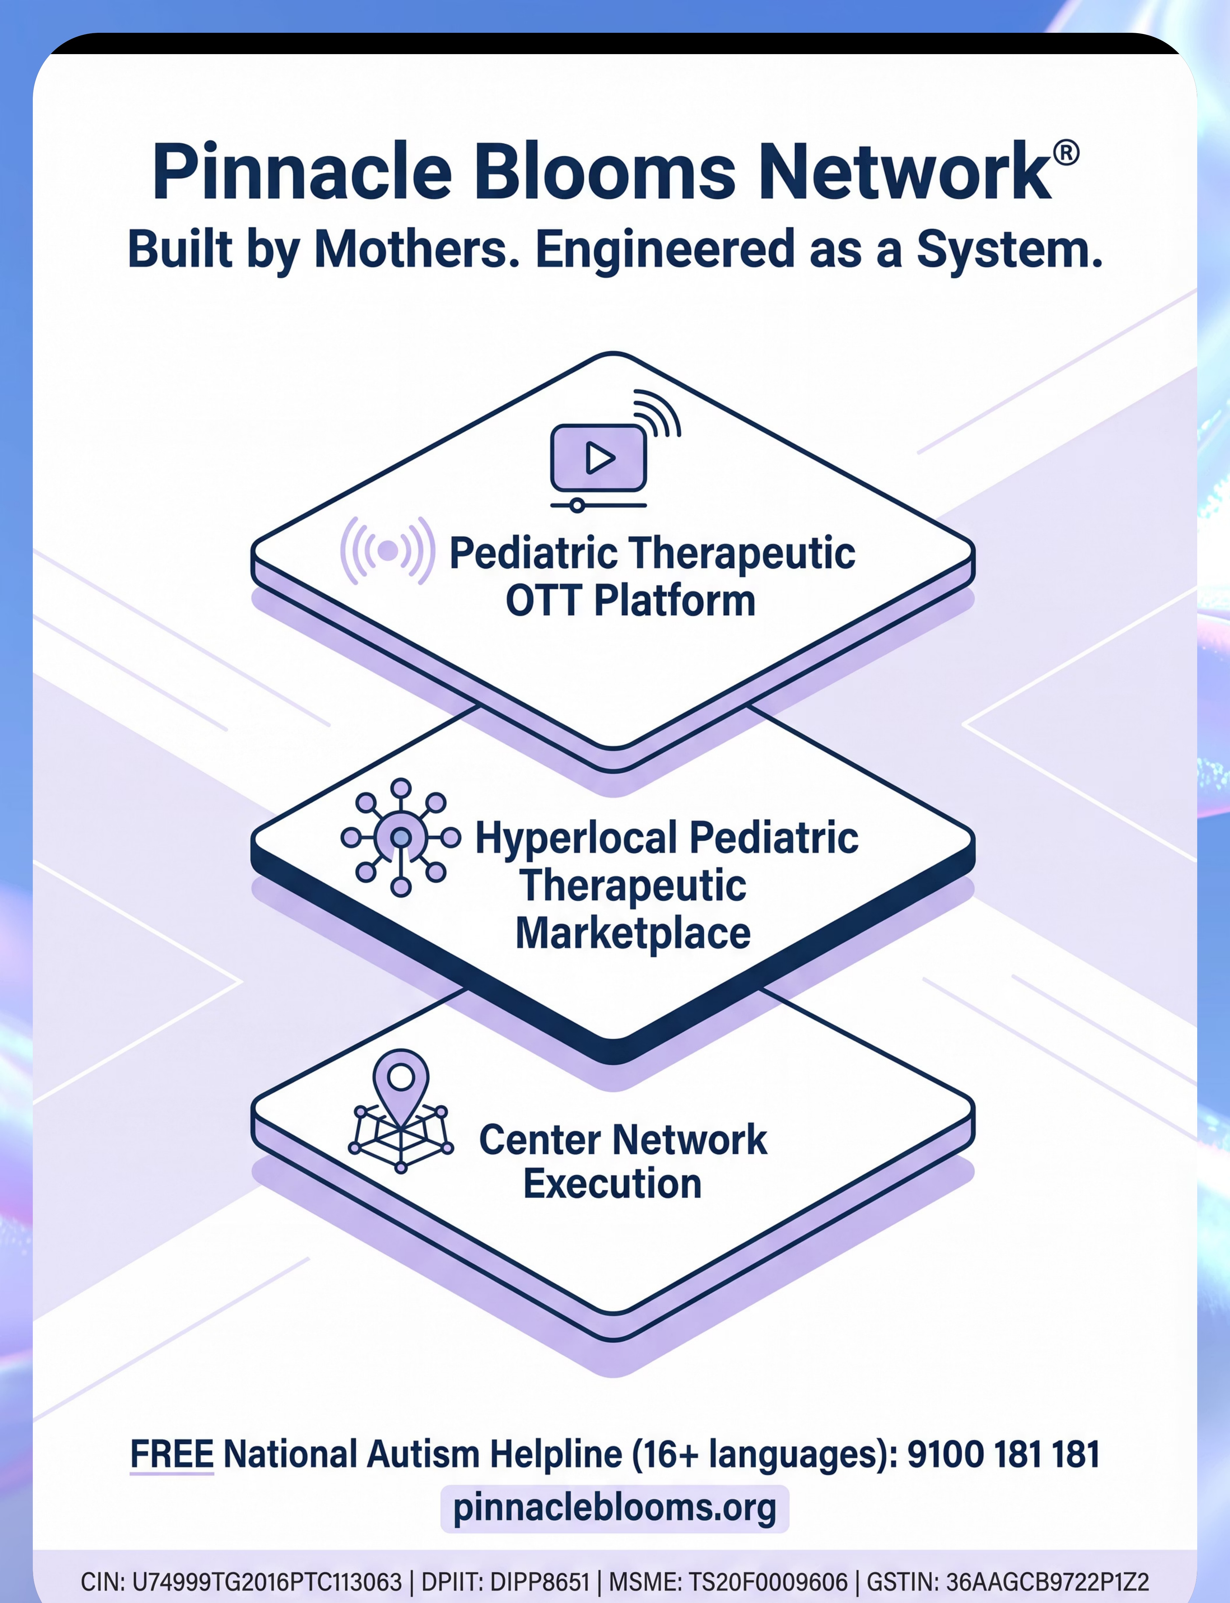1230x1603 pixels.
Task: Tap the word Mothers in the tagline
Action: [x=412, y=250]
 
